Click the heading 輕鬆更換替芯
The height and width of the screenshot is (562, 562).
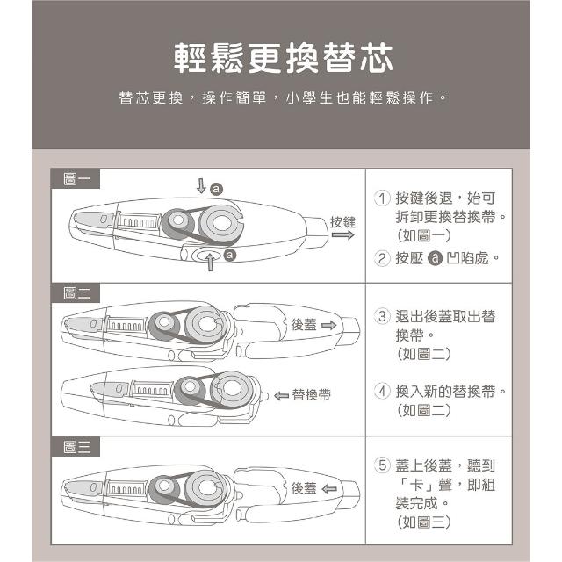pyautogui.click(x=283, y=58)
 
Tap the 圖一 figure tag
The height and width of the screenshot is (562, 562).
pyautogui.click(x=76, y=179)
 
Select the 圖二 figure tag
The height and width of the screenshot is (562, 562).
pyautogui.click(x=76, y=293)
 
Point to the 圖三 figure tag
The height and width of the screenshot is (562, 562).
pyautogui.click(x=76, y=447)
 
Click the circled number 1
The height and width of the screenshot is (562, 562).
pyautogui.click(x=382, y=198)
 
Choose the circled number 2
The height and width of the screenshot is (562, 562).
pyautogui.click(x=382, y=258)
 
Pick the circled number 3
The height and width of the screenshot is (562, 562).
pyautogui.click(x=382, y=316)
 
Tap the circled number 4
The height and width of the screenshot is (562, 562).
pyautogui.click(x=382, y=391)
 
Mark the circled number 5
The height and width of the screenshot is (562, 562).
pyautogui.click(x=382, y=465)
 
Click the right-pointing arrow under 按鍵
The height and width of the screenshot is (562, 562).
pyautogui.click(x=343, y=235)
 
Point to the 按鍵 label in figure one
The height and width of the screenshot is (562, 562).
pyautogui.click(x=342, y=222)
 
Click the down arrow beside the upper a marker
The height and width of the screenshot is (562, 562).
pyautogui.click(x=201, y=186)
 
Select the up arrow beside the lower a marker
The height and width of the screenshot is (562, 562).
pyautogui.click(x=211, y=262)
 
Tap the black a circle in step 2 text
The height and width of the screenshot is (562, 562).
pyautogui.click(x=436, y=258)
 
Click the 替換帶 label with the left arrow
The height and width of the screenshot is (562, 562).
pyautogui.click(x=302, y=395)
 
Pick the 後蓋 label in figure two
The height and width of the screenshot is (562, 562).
pyautogui.click(x=304, y=325)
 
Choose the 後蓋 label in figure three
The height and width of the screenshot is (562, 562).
pyautogui.click(x=304, y=488)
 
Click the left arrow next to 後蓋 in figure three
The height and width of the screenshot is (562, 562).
pyautogui.click(x=329, y=488)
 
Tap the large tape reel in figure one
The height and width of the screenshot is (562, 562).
pyautogui.click(x=220, y=224)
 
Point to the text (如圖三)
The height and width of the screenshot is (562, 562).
pyautogui.click(x=423, y=522)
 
